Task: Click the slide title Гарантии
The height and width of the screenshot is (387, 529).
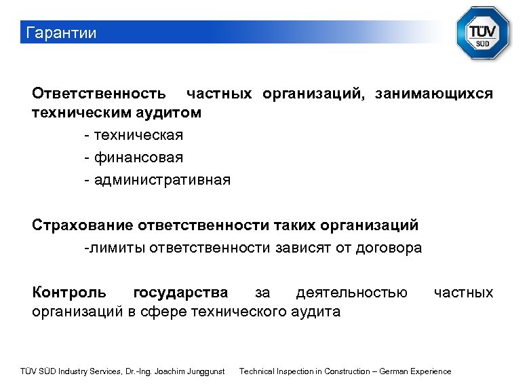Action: click(x=60, y=33)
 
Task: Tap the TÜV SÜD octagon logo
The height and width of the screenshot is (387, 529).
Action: click(x=482, y=33)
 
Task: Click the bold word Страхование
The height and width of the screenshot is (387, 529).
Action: click(x=83, y=225)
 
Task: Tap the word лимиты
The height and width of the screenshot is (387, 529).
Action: click(x=115, y=248)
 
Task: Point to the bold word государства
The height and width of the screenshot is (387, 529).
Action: click(x=180, y=293)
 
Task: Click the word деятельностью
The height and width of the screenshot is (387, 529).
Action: click(x=352, y=293)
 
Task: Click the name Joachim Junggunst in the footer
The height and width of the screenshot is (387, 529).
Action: click(x=190, y=371)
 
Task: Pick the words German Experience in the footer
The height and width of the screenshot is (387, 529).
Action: click(x=415, y=371)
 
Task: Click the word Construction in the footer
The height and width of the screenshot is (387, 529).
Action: click(x=346, y=371)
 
